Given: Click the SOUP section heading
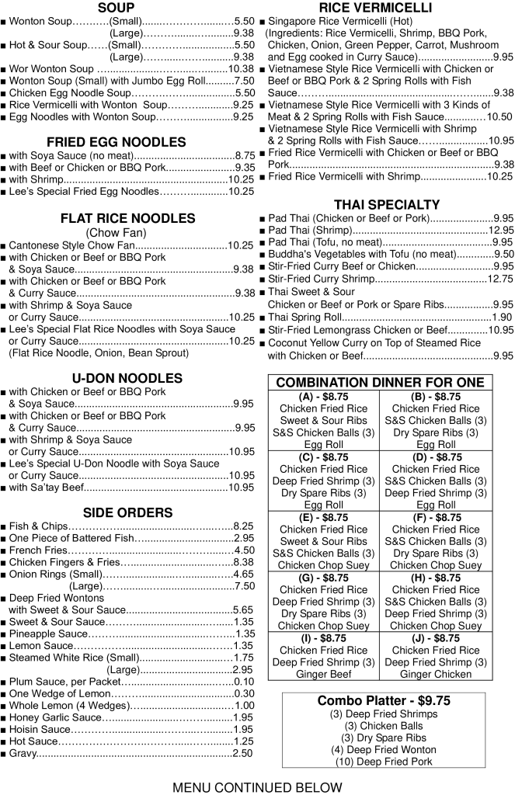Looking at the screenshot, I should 116,8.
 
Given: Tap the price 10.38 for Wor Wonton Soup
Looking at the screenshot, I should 240,68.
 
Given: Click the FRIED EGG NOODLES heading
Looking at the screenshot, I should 116,142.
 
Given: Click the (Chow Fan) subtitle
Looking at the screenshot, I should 117,232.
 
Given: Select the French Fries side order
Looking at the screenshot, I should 38,550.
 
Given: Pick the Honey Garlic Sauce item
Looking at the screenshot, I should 55,717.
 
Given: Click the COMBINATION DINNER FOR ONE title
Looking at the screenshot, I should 380,383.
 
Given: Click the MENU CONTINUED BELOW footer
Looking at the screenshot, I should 257,787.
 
